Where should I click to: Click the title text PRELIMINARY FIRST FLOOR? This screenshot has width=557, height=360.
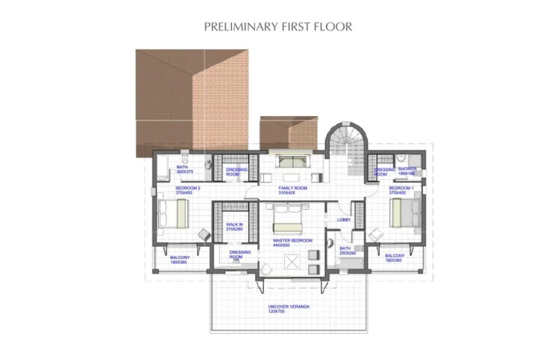point(278,27)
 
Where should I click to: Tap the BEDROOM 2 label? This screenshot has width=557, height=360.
point(188,188)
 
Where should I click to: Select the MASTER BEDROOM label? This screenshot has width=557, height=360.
point(292,240)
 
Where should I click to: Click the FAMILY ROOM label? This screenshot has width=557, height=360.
point(293,188)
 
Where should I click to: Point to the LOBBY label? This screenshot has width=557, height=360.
point(344,220)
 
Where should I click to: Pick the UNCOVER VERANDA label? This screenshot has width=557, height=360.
point(289,307)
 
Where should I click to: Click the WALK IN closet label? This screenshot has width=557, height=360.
point(234,225)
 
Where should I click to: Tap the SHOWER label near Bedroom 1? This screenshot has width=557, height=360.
point(407,169)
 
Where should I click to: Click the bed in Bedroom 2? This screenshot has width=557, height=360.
point(173,213)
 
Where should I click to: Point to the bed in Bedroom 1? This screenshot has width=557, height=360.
point(405,213)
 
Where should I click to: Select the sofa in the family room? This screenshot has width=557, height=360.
point(293,161)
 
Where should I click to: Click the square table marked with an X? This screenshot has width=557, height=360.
point(293,263)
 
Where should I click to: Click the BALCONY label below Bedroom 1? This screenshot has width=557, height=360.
point(395,255)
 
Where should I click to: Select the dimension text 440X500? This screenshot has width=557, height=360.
point(293,245)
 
